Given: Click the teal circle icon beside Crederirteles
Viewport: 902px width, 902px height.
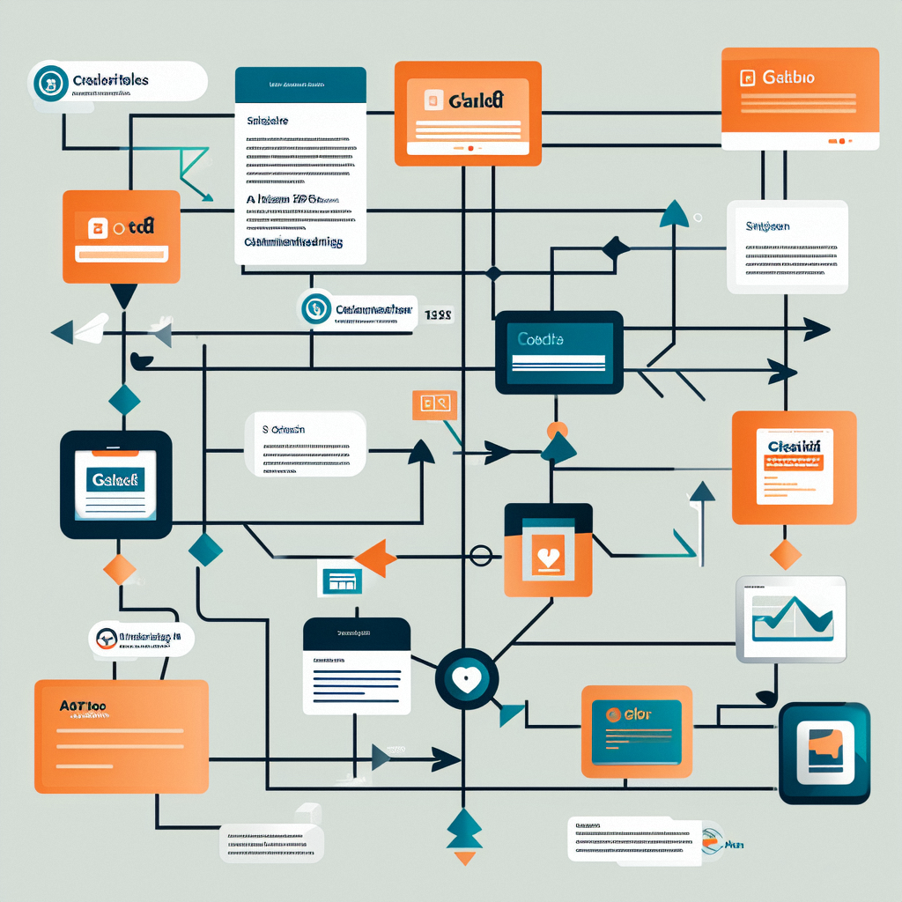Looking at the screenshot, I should coord(50,82).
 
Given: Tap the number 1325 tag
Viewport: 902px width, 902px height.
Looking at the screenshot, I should coord(438,314).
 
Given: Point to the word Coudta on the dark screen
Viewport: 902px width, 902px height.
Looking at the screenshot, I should coord(541,339).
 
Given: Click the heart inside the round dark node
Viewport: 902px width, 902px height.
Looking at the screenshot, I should coord(466,679).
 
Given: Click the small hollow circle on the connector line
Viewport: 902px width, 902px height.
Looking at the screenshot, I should coord(481,555).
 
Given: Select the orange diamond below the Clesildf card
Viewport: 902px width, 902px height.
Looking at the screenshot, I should coord(785,555).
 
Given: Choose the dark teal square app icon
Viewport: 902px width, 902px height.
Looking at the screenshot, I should coord(824,753).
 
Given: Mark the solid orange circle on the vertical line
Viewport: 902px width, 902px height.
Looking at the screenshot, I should coord(557,431).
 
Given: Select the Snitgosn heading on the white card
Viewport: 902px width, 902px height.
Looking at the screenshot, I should coord(766,227).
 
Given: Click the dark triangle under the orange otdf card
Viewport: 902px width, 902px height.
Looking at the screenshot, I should coord(123,297).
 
